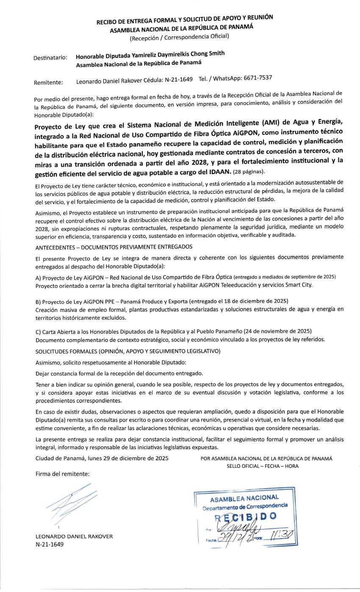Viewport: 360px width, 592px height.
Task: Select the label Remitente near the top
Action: [x=48, y=82]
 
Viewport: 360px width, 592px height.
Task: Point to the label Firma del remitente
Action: [x=62, y=474]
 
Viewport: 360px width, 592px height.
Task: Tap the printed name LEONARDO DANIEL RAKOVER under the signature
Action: [x=74, y=536]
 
